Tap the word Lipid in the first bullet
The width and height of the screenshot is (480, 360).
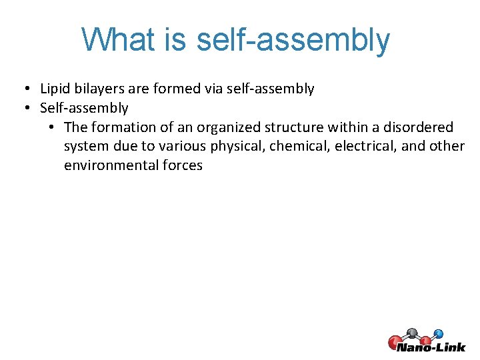(x=55, y=89)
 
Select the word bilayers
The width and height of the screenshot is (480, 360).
(x=98, y=89)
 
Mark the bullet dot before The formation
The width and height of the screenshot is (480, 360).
(x=51, y=127)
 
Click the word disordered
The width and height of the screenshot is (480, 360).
(x=417, y=127)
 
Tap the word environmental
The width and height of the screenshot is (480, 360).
(x=111, y=165)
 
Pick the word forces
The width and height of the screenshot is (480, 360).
(x=182, y=165)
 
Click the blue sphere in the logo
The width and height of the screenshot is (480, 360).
(x=438, y=333)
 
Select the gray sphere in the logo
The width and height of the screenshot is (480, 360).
(x=413, y=331)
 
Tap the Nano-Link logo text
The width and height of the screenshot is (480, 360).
(x=431, y=347)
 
